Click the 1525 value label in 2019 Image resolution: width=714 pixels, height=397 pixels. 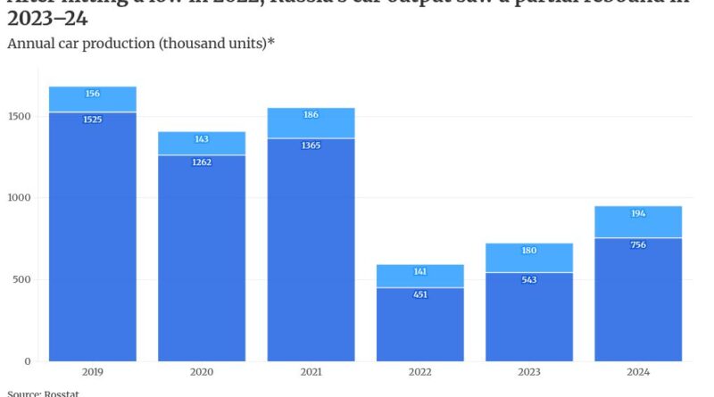93,120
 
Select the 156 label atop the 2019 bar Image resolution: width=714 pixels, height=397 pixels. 93,94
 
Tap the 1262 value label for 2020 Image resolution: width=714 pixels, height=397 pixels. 202,162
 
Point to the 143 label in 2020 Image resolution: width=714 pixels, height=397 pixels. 202,139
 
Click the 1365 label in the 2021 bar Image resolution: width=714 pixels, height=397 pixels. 311,145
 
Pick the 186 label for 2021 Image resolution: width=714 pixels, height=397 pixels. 311,115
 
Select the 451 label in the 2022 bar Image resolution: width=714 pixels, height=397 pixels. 419,295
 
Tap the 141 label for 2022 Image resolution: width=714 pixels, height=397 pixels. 419,272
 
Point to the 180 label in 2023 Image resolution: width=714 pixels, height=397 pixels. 528,251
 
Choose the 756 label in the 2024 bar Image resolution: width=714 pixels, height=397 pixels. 637,245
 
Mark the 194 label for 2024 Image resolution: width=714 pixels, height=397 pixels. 637,214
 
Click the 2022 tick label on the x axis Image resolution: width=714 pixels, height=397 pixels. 419,372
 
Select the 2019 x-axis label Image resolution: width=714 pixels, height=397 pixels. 93,372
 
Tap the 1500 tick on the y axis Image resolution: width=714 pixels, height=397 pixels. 21,116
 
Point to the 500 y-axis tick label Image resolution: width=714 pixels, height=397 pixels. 24,279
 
